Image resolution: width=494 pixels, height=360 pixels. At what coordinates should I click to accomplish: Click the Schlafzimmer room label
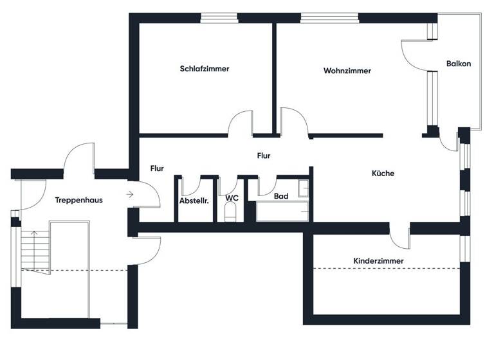coord(205,69)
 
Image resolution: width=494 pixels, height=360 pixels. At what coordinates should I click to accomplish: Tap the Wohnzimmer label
coord(347,71)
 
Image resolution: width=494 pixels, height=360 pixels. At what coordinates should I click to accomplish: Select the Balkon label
coord(459,64)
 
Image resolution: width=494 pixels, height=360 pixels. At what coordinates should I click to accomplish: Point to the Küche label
coord(382,174)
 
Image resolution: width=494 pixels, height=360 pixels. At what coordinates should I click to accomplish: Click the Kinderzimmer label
coord(378,260)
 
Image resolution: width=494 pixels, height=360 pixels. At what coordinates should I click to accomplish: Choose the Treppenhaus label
coord(78,200)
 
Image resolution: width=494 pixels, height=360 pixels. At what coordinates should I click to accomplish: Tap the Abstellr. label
coord(194,201)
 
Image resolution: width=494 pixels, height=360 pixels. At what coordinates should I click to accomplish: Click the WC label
coord(232,197)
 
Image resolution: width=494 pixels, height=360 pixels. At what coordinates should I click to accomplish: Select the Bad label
coord(280,196)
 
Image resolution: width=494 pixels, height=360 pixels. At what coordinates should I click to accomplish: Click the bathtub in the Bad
coord(282,212)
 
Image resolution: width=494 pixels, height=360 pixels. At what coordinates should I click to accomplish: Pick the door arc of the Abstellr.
coord(190,185)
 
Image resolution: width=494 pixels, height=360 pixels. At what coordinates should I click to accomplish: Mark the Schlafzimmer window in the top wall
coord(218,17)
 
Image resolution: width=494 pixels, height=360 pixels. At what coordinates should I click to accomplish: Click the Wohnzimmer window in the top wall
coord(322,17)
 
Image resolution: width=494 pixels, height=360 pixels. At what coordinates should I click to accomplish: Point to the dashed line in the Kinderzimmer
coord(386,268)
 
